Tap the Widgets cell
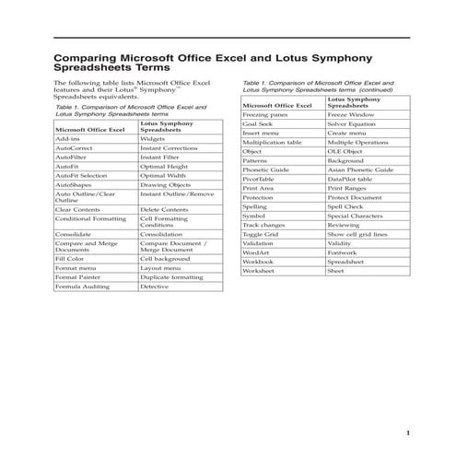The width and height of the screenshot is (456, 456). point(153,138)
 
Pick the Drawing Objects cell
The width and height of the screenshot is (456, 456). point(167,185)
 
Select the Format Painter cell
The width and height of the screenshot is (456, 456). point(77,277)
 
